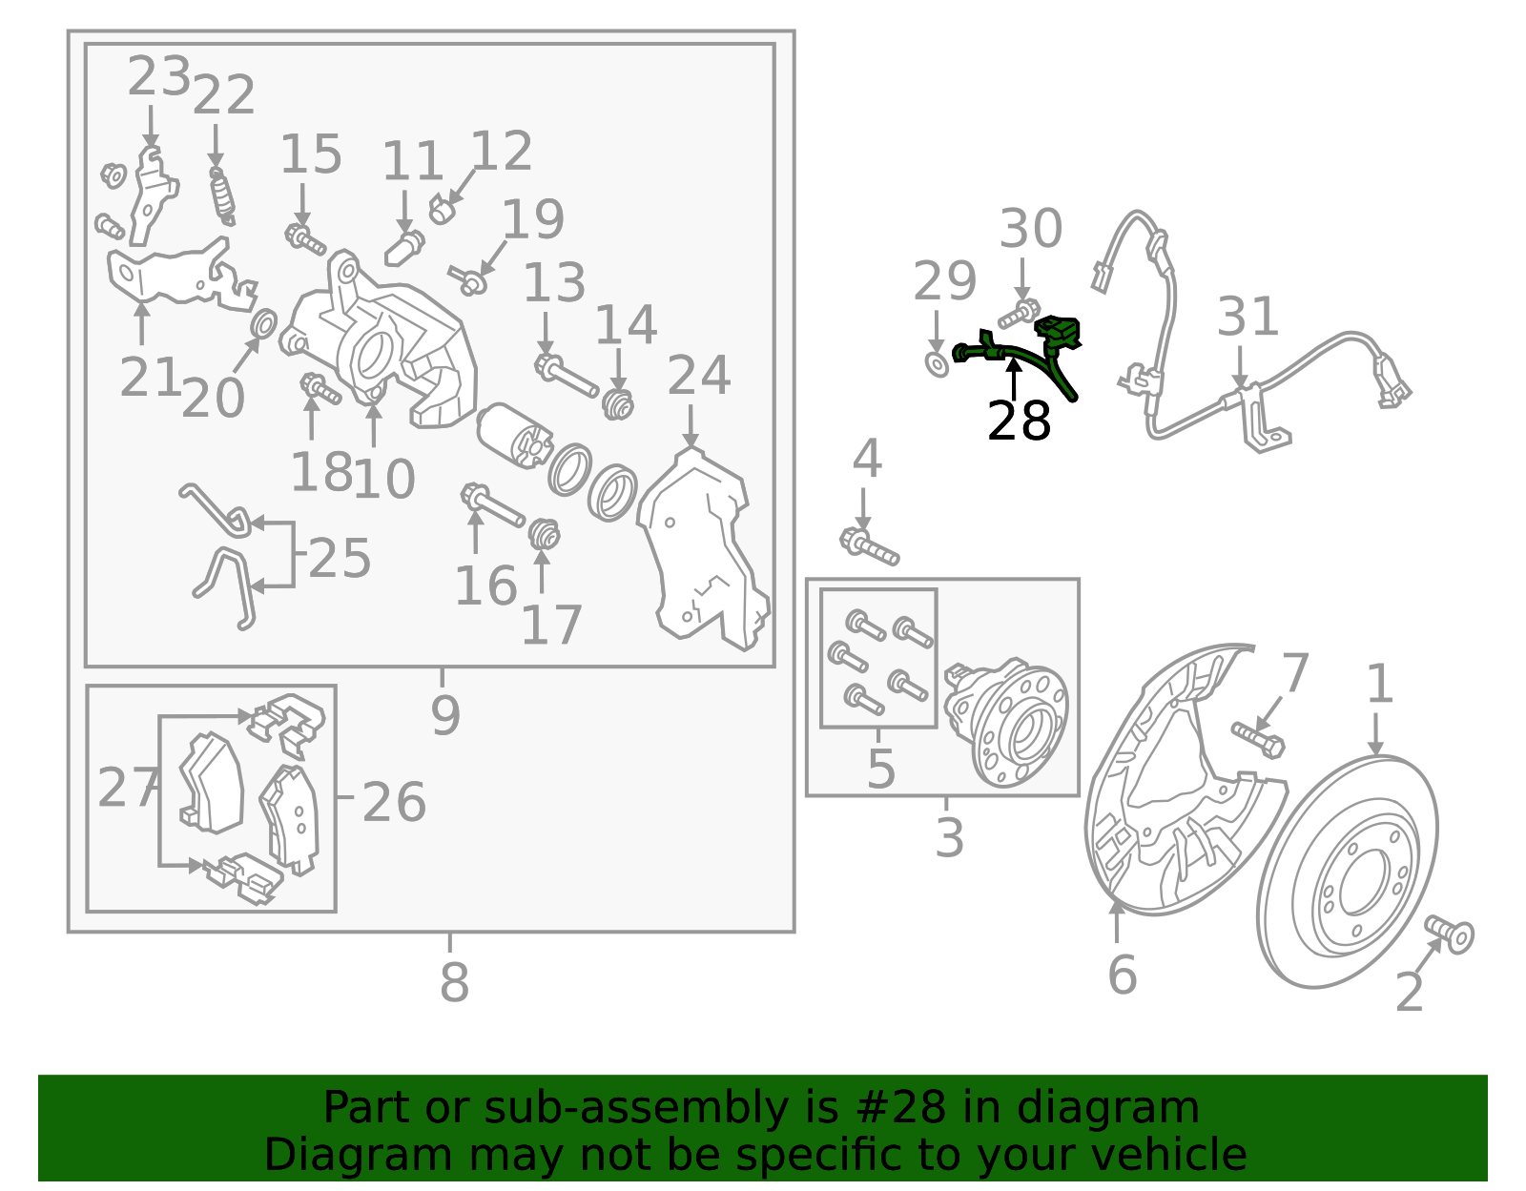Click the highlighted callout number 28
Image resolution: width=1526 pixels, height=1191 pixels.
[x=1019, y=421]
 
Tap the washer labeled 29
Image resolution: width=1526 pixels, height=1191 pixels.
[x=938, y=365]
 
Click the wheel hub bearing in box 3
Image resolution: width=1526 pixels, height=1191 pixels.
[x=1005, y=722]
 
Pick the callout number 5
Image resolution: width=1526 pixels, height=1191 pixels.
[x=881, y=769]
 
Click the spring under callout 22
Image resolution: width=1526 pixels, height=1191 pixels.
[x=222, y=196]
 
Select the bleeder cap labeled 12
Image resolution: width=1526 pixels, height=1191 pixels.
[x=442, y=209]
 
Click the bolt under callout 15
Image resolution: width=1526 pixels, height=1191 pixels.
[x=305, y=239]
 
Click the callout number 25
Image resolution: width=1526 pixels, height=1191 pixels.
[x=340, y=559]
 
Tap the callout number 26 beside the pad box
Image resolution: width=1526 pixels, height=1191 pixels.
[x=394, y=802]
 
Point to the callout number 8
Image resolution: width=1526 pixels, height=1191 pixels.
[x=454, y=982]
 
